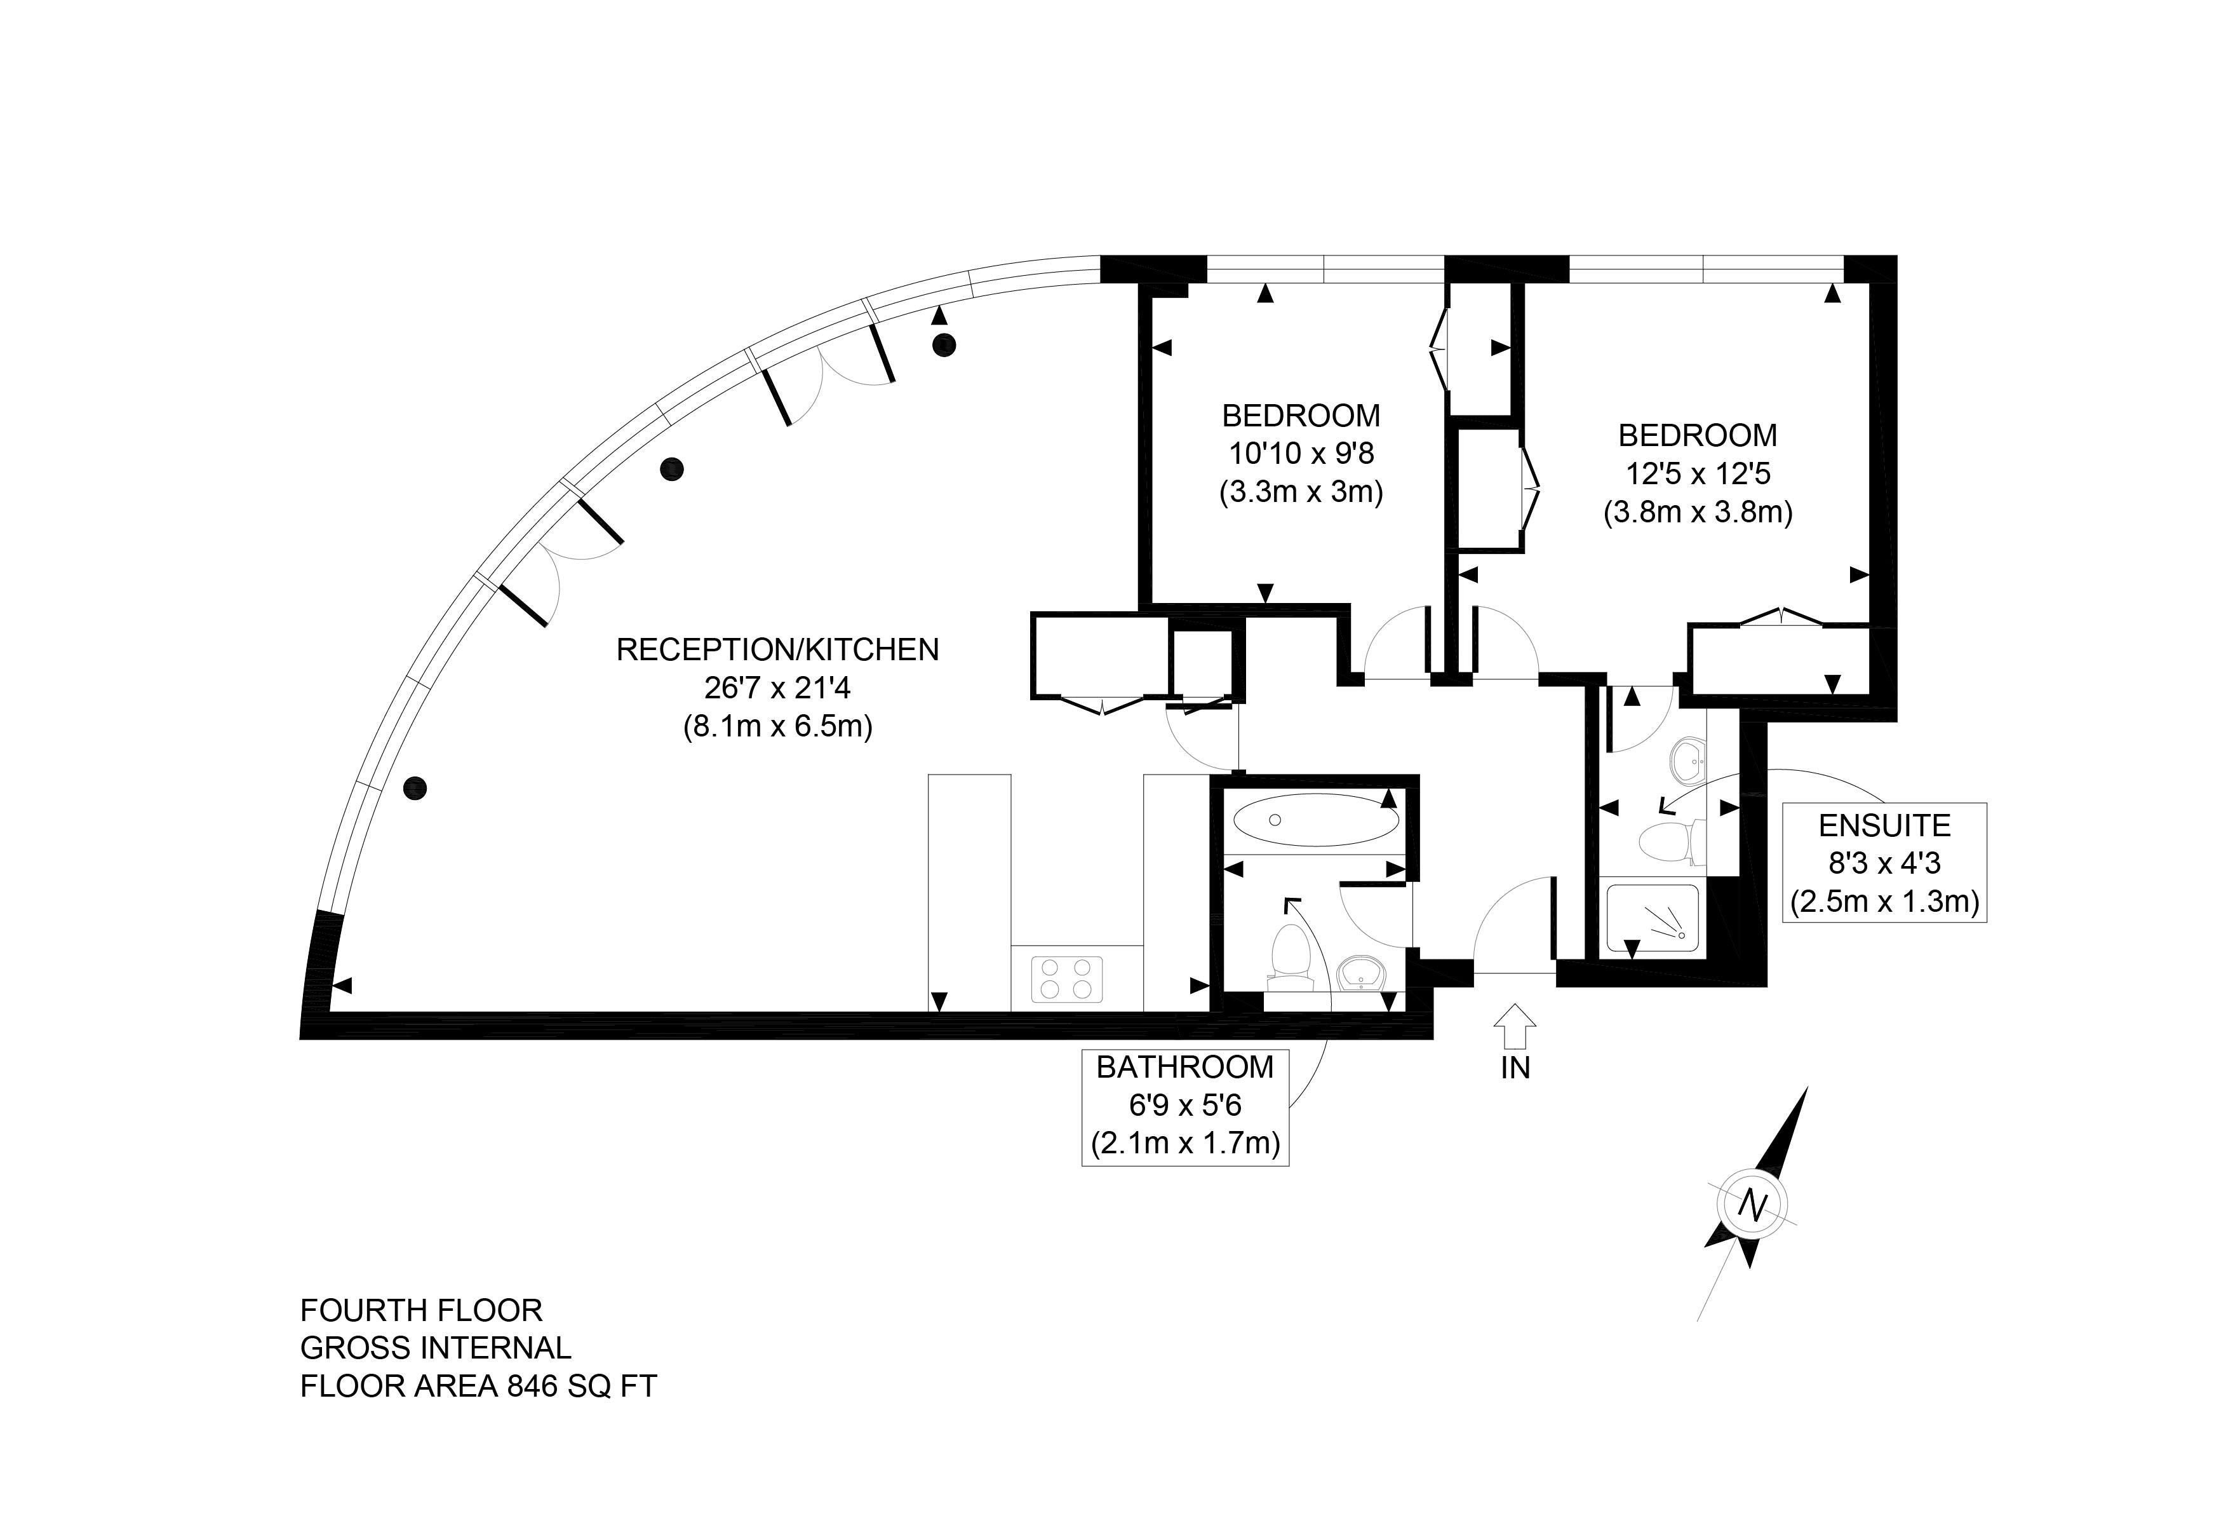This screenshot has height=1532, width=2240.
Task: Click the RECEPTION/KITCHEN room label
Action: pos(777,650)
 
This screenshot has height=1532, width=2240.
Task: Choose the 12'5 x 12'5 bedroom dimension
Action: pos(1698,473)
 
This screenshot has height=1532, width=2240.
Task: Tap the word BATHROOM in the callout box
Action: pos(1184,1068)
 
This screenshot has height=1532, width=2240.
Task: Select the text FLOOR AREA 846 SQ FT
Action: pos(478,1385)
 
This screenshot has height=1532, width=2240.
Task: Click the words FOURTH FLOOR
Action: pos(421,1310)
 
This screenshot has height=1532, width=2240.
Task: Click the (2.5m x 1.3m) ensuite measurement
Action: pos(1884,902)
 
